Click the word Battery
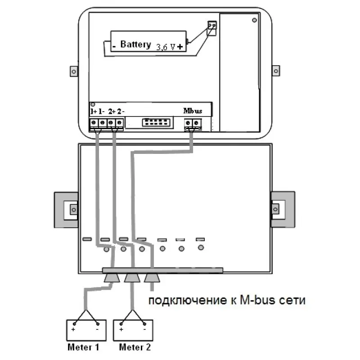point(135,45)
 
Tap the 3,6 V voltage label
point(166,47)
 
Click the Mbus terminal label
point(193,111)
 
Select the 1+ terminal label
point(94,112)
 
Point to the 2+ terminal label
point(112,112)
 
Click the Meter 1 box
point(86,330)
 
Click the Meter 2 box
point(133,330)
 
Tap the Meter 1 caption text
point(83,347)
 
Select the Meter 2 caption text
point(135,347)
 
